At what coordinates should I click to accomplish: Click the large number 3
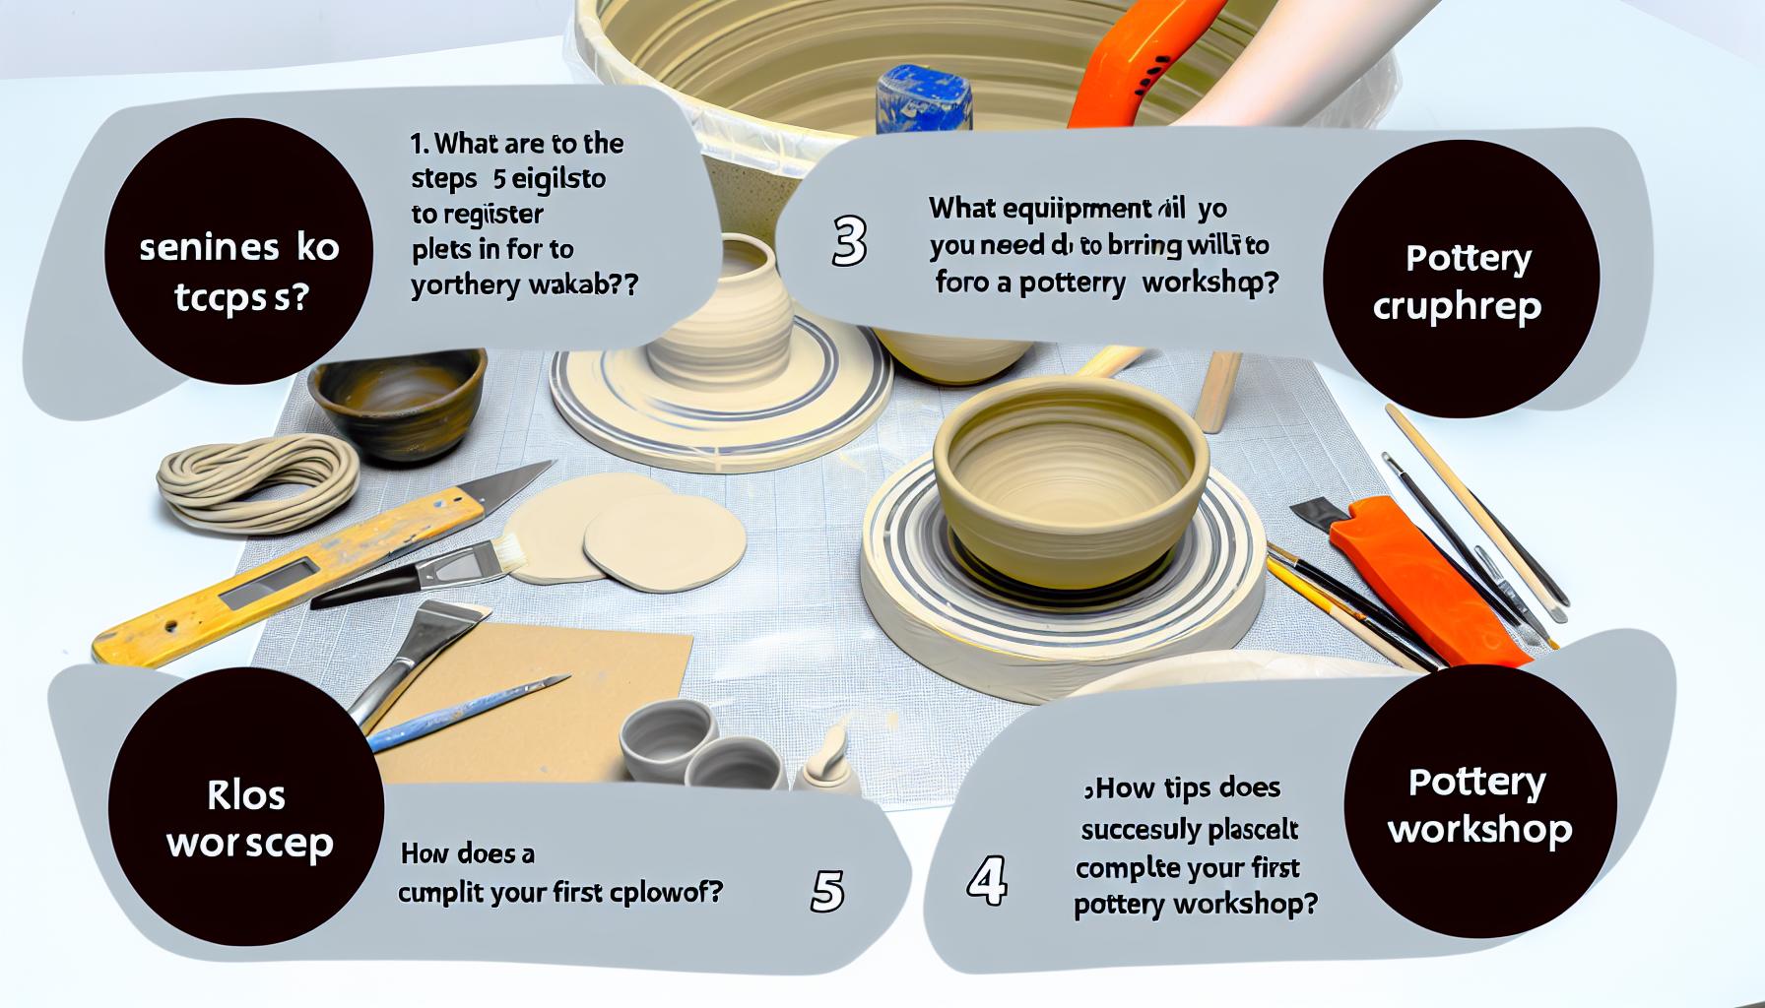click(x=848, y=241)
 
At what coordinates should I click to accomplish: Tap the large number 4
click(x=986, y=880)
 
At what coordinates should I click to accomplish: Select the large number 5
click(x=826, y=892)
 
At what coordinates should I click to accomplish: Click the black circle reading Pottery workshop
click(x=1479, y=806)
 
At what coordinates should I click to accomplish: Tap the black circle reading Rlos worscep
click(x=247, y=820)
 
